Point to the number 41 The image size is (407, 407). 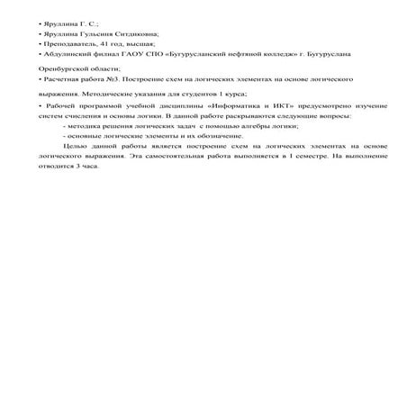(103, 43)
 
